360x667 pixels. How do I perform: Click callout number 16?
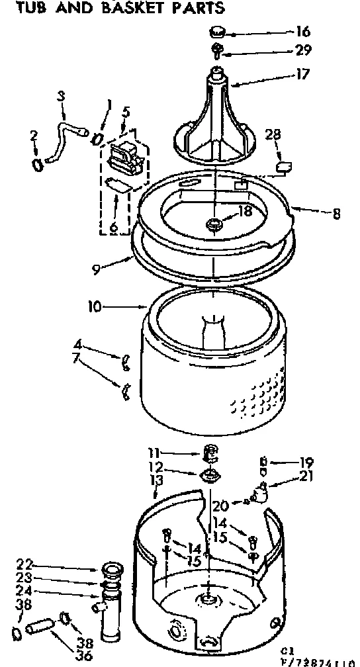point(304,32)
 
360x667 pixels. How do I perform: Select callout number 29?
point(304,50)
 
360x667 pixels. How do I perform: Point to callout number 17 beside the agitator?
point(302,75)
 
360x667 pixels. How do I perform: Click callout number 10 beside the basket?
point(95,306)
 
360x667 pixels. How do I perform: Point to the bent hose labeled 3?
point(66,122)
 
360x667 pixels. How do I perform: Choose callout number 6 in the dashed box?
point(113,226)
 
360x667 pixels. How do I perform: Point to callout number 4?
point(78,343)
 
